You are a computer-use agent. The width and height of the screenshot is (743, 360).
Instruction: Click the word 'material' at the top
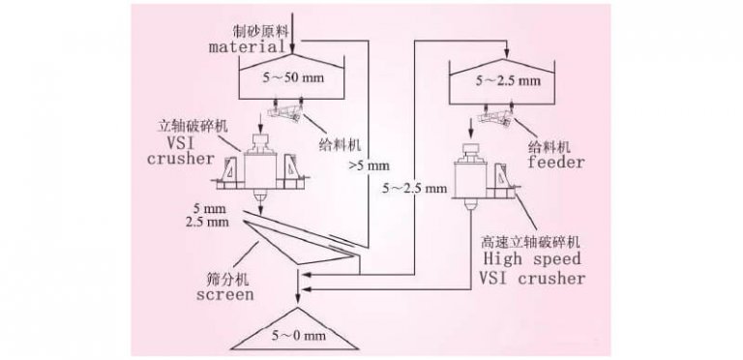(x=245, y=45)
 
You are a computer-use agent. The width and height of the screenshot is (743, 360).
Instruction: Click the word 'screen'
(x=223, y=294)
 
